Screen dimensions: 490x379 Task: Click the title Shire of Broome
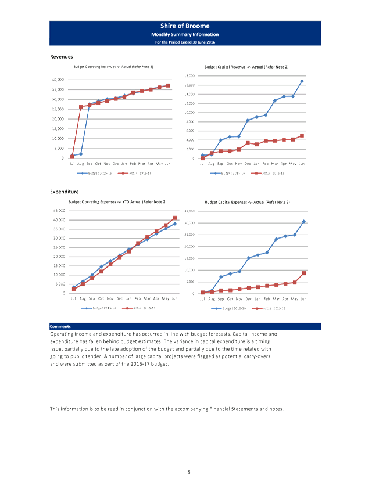[185, 26]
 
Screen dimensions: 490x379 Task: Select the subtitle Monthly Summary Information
[185, 35]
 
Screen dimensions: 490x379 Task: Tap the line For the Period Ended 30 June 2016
[185, 42]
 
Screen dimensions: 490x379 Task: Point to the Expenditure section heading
[63, 191]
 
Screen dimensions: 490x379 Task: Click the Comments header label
[60, 326]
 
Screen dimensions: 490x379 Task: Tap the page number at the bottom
[189, 471]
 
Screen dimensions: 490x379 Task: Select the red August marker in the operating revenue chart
[81, 107]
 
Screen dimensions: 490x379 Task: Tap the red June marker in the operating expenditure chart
[175, 218]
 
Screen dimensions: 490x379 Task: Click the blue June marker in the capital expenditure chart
[304, 221]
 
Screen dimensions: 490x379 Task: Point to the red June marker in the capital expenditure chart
[304, 272]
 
